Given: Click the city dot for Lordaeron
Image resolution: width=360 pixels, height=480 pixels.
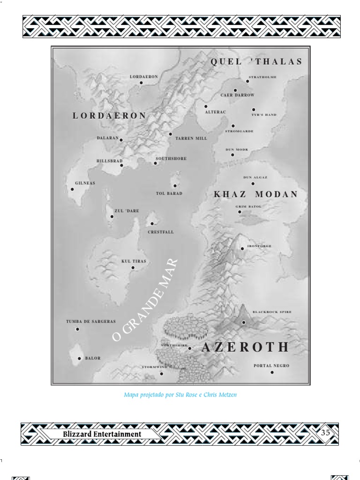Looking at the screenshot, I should [141, 83].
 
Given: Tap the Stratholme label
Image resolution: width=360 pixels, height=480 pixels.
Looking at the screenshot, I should [262, 77].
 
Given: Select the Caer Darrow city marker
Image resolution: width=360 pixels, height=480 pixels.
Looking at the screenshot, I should [235, 90].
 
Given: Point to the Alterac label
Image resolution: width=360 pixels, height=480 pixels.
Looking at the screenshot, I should [215, 112].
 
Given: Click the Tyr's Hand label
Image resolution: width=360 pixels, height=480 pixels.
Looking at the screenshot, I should [264, 115].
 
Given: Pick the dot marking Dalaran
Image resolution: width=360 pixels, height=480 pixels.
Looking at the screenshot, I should [121, 140].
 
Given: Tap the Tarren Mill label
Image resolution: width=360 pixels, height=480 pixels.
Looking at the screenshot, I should [191, 139].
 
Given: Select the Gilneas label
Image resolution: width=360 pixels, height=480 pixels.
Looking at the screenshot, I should [85, 183].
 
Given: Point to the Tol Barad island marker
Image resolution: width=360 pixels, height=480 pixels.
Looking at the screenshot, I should [175, 186].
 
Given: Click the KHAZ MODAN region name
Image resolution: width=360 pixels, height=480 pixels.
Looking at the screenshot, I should [256, 195].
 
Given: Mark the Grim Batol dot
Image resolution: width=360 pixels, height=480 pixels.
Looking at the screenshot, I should [240, 212].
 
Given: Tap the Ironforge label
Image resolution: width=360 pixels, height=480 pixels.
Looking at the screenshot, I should [259, 246].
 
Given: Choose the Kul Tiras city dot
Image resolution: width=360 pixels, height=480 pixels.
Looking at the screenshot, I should [133, 268].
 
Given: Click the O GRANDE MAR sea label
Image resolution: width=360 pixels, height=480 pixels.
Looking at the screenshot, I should [146, 300].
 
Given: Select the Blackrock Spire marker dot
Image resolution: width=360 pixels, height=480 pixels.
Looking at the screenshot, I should [244, 322].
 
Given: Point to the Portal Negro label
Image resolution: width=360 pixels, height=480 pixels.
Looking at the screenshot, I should [271, 366].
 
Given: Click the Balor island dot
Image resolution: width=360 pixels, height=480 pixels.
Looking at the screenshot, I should [79, 359].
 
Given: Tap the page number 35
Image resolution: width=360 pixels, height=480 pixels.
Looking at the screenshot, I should [325, 433].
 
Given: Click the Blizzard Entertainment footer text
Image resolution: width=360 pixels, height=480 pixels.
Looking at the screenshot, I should [102, 434].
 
